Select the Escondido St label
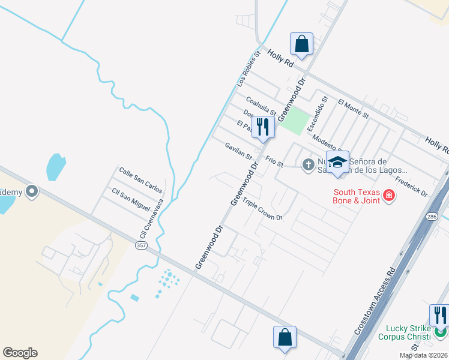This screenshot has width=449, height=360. pos(318,114)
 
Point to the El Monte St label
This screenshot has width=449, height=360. pos(353,108)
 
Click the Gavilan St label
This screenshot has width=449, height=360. pos(238,151)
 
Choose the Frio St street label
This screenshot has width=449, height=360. pos(274,161)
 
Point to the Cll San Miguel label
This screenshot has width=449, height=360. pos(131,198)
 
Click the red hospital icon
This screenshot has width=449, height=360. pos(389,195)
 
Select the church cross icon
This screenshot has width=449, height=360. pos(309,164)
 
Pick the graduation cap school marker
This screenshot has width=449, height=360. pos(338,163)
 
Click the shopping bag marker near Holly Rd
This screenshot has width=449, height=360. pos(301,44)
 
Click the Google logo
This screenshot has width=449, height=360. pos(20,353)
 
